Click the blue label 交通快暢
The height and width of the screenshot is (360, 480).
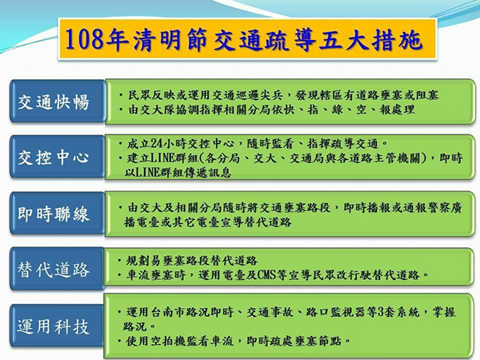click(x=54, y=102)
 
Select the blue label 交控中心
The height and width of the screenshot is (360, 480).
click(x=54, y=158)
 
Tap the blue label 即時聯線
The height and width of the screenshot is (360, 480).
click(x=54, y=214)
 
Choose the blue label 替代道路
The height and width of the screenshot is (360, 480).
click(x=54, y=270)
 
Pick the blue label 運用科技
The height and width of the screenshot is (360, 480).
click(x=54, y=326)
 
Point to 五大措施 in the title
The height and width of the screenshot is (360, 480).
click(x=371, y=40)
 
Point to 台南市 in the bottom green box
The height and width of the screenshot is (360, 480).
click(x=168, y=312)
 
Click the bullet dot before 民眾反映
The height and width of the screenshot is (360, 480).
click(x=122, y=95)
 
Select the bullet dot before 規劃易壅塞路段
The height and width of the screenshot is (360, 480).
click(x=120, y=261)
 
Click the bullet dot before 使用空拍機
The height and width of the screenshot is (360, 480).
click(x=120, y=341)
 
